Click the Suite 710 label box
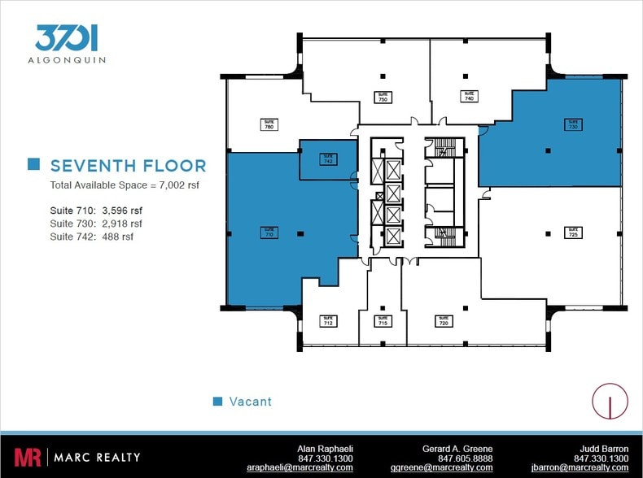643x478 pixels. tap(269, 232)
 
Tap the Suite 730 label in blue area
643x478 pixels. tap(573, 124)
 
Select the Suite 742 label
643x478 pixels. tap(328, 159)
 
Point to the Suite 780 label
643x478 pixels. tap(269, 124)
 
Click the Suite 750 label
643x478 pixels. tap(383, 96)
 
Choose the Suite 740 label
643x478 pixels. tap(469, 95)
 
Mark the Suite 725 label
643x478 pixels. tap(573, 232)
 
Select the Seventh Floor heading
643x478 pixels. tap(128, 166)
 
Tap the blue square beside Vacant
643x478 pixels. tap(217, 402)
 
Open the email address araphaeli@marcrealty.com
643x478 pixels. tap(300, 467)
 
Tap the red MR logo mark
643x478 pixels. tap(27, 457)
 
